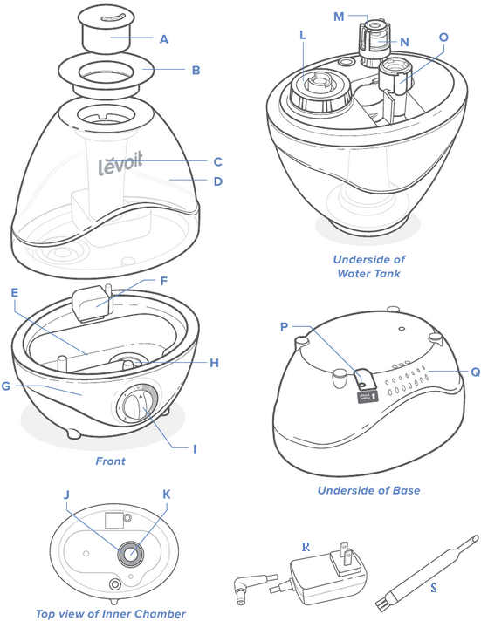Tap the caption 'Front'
[x=110, y=461]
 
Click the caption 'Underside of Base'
[x=368, y=490]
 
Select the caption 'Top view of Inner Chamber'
[x=111, y=613]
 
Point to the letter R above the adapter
[x=306, y=547]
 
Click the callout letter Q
[x=475, y=371]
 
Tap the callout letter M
[x=340, y=15]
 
